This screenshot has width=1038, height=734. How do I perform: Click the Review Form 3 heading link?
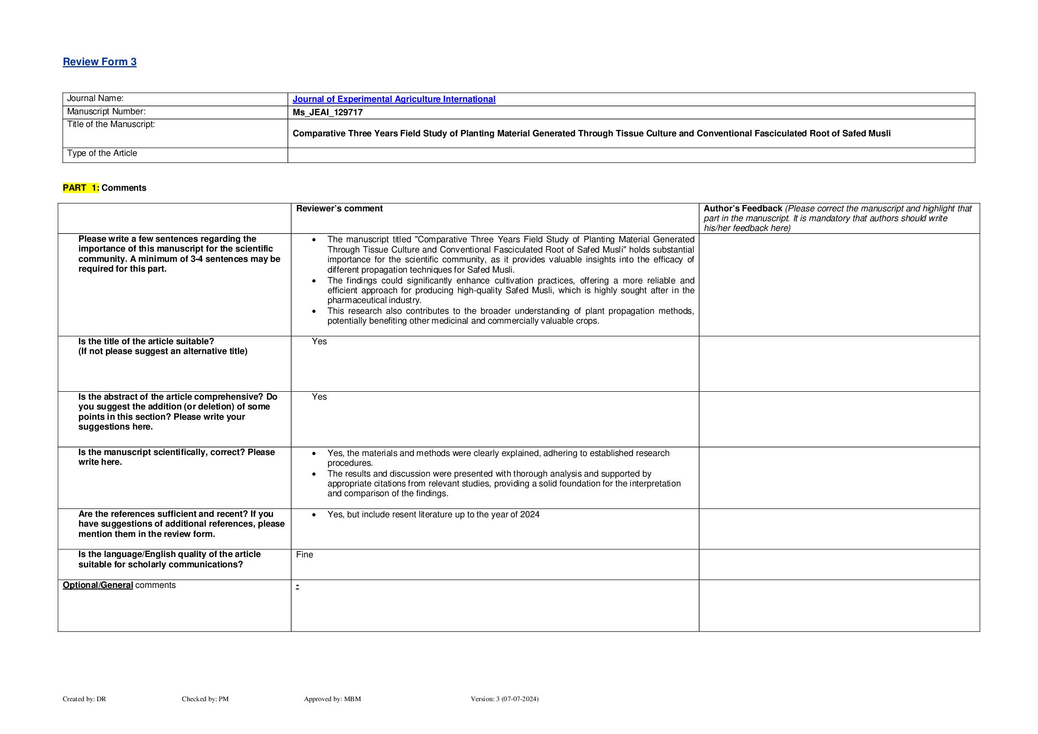pos(100,62)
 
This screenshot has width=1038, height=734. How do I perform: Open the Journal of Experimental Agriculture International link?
pos(394,99)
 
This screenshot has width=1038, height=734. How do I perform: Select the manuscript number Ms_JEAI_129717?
pos(328,112)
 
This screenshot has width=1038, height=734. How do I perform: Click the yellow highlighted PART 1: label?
pos(81,188)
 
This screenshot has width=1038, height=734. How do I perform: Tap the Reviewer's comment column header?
pos(339,208)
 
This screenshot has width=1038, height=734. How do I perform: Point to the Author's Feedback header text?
pos(742,208)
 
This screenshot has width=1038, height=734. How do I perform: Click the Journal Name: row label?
pos(95,99)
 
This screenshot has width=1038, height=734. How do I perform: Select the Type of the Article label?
pos(102,153)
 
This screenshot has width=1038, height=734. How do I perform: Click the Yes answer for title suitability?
pos(319,341)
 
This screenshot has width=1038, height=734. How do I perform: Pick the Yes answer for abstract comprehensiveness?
pos(319,397)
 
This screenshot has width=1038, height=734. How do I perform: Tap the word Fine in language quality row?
pos(304,555)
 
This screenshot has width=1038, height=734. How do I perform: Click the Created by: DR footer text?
pos(84,699)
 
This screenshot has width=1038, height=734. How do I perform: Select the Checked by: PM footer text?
pos(205,699)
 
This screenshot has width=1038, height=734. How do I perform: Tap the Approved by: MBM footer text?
pos(332,699)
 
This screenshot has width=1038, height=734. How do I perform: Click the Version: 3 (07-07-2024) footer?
pos(505,699)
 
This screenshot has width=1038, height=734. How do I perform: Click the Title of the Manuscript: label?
pos(111,125)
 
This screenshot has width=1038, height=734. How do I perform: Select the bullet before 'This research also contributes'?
pos(314,311)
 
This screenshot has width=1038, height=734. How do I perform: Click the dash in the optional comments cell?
pos(298,586)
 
